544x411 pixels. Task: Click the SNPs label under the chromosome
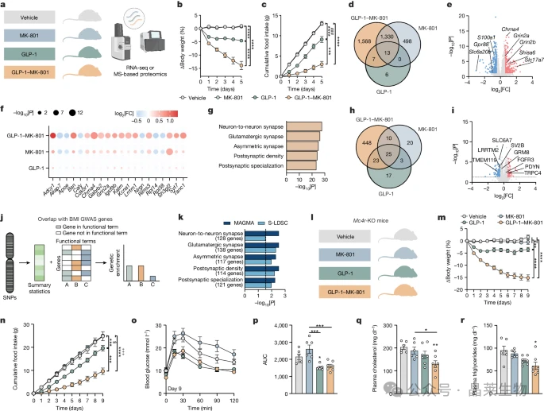tap(17, 296)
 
